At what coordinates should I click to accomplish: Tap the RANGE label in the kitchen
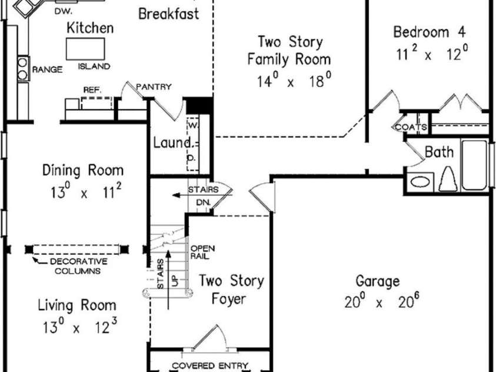click(x=47, y=69)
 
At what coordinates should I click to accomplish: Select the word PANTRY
click(x=154, y=87)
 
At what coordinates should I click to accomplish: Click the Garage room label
click(x=378, y=281)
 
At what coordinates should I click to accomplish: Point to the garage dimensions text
click(x=382, y=301)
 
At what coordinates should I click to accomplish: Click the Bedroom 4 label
click(x=430, y=32)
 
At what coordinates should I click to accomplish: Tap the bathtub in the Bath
click(x=474, y=165)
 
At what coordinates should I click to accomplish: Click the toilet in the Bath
click(x=448, y=179)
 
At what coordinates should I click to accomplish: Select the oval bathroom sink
click(x=420, y=182)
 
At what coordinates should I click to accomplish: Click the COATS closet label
click(x=411, y=127)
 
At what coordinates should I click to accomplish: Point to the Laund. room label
click(x=172, y=142)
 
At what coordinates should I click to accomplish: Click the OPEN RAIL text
click(x=202, y=253)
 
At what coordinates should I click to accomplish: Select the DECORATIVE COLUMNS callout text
click(x=78, y=266)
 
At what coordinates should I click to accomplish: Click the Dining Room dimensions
click(x=86, y=191)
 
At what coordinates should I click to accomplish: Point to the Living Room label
click(x=77, y=305)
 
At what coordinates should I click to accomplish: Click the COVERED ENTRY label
click(x=209, y=366)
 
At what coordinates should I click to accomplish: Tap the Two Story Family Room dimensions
click(x=294, y=80)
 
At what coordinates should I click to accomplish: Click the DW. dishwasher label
click(x=64, y=12)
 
